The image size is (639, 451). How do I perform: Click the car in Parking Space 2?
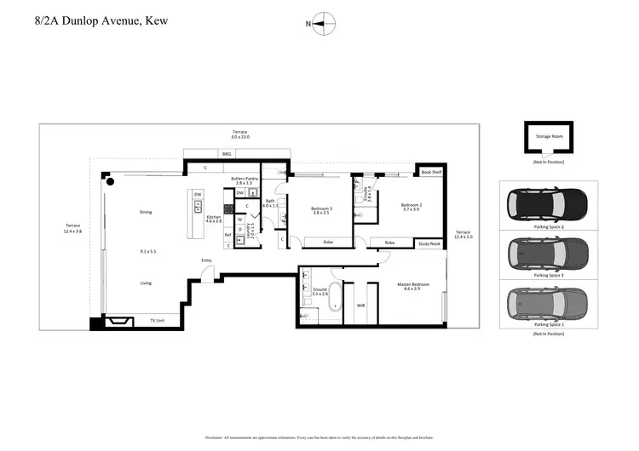(x=548, y=204)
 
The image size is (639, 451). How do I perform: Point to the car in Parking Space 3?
(x=548, y=253)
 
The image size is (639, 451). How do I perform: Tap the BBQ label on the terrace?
(x=227, y=154)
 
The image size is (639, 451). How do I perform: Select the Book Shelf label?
(x=431, y=172)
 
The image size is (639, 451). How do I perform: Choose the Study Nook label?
(x=429, y=243)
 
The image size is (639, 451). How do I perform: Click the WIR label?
(x=360, y=305)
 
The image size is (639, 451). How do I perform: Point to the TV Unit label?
(x=158, y=320)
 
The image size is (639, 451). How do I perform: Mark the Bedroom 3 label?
(x=321, y=210)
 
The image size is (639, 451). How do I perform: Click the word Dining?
(x=146, y=212)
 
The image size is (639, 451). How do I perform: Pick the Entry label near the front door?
(x=206, y=260)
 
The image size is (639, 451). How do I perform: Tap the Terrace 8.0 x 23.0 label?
(x=240, y=134)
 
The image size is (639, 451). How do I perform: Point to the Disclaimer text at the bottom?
(x=319, y=437)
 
